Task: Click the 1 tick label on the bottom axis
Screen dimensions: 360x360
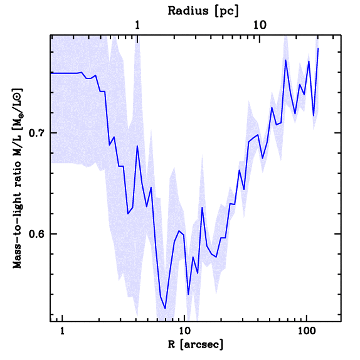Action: click(62, 332)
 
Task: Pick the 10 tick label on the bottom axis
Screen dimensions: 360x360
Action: click(184, 332)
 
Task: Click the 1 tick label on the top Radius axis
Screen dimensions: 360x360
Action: click(137, 25)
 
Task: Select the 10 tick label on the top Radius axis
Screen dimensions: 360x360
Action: click(260, 25)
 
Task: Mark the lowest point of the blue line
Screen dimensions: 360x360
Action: click(165, 309)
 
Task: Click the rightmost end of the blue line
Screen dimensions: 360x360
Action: click(318, 48)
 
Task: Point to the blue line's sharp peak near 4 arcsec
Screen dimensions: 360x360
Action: click(137, 146)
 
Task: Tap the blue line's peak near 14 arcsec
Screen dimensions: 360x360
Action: click(202, 207)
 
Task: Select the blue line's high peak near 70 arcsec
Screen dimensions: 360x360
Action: click(286, 60)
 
